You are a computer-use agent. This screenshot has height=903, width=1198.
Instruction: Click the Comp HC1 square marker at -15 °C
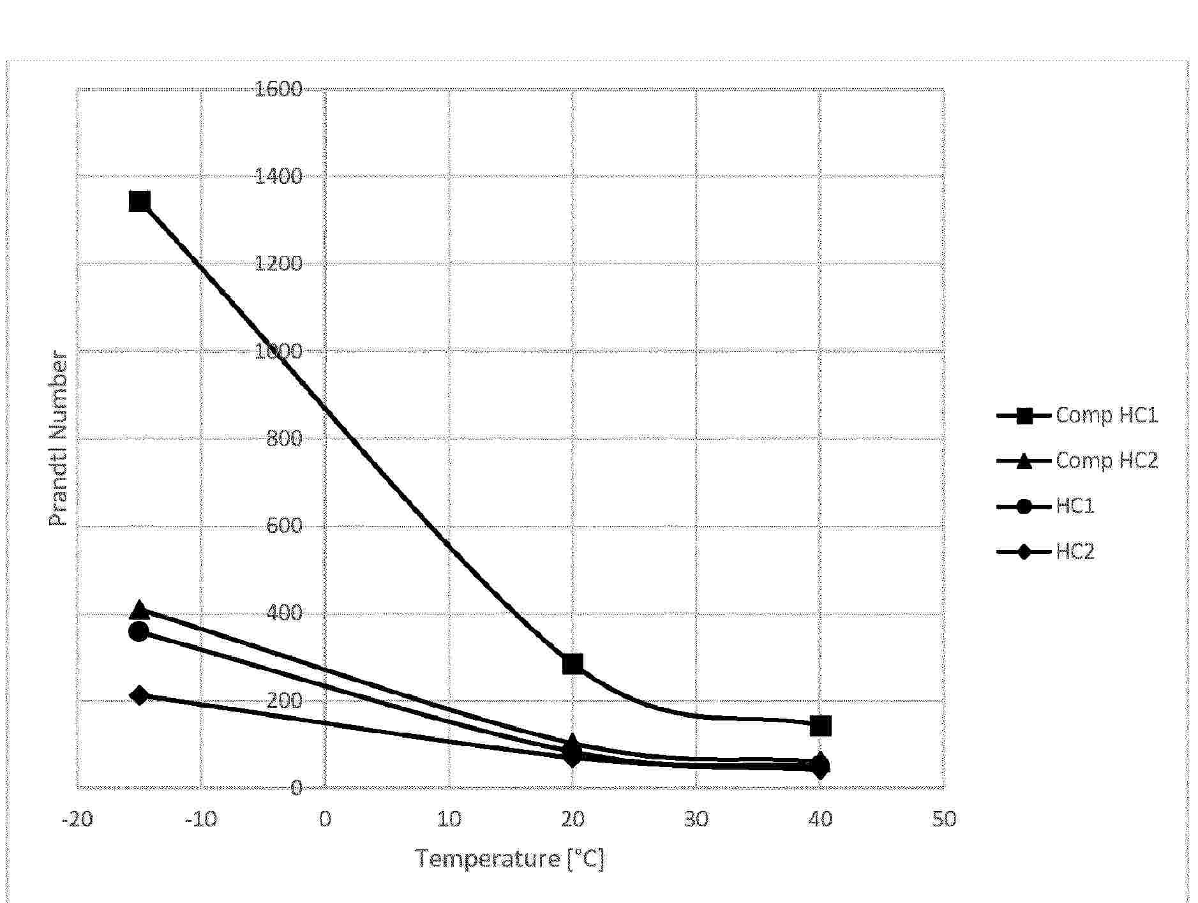pyautogui.click(x=139, y=202)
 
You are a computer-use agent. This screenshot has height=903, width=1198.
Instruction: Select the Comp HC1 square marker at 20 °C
pyautogui.click(x=573, y=664)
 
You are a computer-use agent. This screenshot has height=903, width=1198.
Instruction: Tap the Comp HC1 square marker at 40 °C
pyautogui.click(x=820, y=726)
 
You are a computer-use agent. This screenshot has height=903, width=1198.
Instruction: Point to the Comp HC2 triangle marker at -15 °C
pyautogui.click(x=139, y=610)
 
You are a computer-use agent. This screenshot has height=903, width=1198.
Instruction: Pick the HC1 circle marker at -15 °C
pyautogui.click(x=139, y=632)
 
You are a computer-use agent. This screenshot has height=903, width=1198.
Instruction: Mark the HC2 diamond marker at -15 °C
pyautogui.click(x=139, y=695)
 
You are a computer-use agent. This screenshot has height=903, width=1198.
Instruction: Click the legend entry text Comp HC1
pyautogui.click(x=1106, y=415)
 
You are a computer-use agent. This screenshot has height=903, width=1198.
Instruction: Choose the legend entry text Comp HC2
pyautogui.click(x=1106, y=461)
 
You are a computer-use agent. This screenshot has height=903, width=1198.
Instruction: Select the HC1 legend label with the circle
pyautogui.click(x=1075, y=506)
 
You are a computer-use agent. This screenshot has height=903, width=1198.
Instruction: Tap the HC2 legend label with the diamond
pyautogui.click(x=1075, y=551)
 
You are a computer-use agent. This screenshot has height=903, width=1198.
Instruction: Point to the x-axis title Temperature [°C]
pyautogui.click(x=510, y=859)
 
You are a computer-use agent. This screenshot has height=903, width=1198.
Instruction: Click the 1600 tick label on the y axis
pyautogui.click(x=278, y=89)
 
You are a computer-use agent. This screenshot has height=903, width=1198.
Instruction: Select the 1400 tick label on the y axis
pyautogui.click(x=278, y=176)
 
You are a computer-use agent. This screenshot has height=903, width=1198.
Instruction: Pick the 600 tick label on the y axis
pyautogui.click(x=284, y=526)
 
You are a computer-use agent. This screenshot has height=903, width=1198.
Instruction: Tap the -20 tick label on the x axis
pyautogui.click(x=77, y=819)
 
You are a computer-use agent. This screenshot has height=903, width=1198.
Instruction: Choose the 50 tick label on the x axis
pyautogui.click(x=944, y=819)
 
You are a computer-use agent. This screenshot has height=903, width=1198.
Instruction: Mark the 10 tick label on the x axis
pyautogui.click(x=449, y=819)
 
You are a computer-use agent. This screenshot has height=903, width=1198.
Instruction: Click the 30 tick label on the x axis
pyautogui.click(x=696, y=819)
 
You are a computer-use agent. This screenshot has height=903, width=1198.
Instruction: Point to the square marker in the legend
pyautogui.click(x=1024, y=416)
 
